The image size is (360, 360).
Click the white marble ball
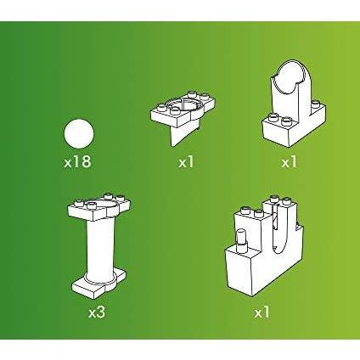[x=79, y=133]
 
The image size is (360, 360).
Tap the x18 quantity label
[x=77, y=162]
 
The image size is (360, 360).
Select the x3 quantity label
[x=97, y=312]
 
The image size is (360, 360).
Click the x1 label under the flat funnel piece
[x=186, y=162]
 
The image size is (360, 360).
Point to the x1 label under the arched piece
[x=290, y=162]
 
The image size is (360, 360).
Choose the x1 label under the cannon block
[x=262, y=312]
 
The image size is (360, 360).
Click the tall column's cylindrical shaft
[x=100, y=249]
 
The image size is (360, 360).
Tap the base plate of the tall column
[x=99, y=283]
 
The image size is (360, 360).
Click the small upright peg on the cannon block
[x=241, y=239]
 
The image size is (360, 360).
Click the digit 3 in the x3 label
[x=101, y=312]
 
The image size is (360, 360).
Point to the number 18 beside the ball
[x=82, y=162]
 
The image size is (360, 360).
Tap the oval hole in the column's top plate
[x=108, y=206]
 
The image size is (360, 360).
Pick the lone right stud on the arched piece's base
[x=317, y=104]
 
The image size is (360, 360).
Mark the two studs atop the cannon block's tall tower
[x=279, y=200]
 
